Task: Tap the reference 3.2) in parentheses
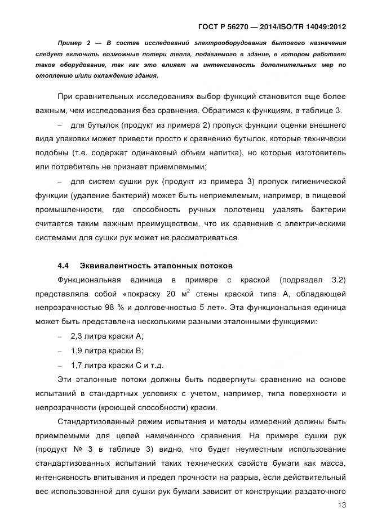click(x=335, y=280)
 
